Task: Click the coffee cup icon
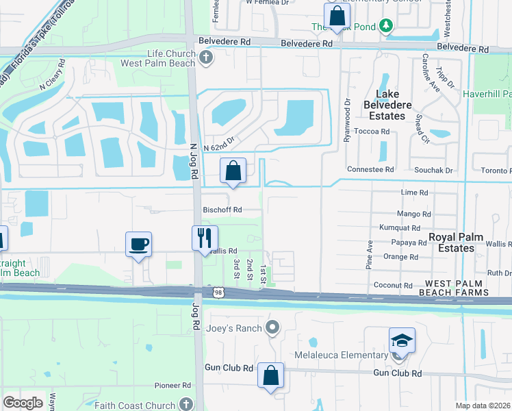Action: point(138,244)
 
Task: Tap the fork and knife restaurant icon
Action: point(204,238)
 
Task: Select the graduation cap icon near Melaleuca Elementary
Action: point(402,340)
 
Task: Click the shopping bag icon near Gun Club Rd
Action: point(271,375)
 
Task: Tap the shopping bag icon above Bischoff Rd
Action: point(233,171)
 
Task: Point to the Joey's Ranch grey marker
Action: point(272,327)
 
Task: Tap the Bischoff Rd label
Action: point(222,210)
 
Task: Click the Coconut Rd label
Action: point(393,285)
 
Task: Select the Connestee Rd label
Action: point(370,169)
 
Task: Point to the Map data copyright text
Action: point(483,406)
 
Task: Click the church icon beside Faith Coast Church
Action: point(187,404)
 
